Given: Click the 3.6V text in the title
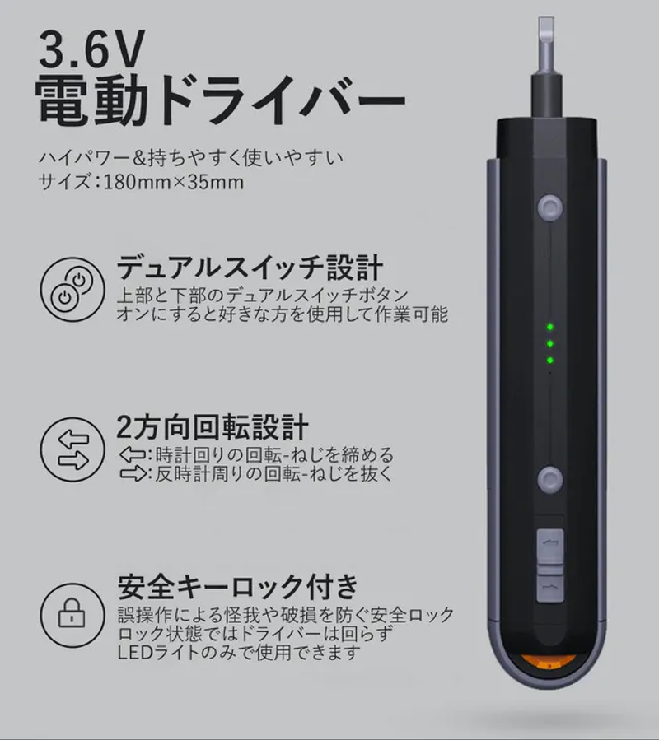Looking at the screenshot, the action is coord(91,49).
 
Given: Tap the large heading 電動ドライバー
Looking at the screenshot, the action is coord(220,100).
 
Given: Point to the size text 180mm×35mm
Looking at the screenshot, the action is coord(173,182).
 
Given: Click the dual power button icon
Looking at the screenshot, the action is coord(72,289).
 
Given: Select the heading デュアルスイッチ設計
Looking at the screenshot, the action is coord(250,268).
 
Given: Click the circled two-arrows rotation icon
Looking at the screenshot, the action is coord(72,449).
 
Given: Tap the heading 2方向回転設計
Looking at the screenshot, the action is coord(212,426).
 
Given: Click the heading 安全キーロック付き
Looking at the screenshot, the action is coord(237,587).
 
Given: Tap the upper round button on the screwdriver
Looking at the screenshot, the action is coord(550,207).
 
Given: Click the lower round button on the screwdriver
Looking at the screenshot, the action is coord(550,480).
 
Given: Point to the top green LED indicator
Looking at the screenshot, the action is coord(550,327).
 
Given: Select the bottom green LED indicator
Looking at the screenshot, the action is coord(550,361).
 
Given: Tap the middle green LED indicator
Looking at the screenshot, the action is coord(550,343).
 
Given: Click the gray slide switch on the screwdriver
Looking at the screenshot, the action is coord(550,565).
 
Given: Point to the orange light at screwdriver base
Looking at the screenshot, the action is coord(549,663).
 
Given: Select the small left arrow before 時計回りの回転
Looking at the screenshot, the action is coord(133,455).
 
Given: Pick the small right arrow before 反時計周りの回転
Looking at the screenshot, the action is coord(133,473).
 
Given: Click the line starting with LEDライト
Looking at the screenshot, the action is coord(239,653).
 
